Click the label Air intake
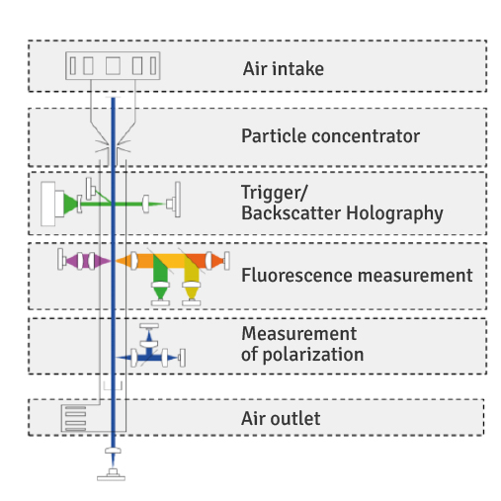[x=284, y=69]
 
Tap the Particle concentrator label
[x=330, y=136]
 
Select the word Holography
[x=394, y=213]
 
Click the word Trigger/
[x=274, y=193]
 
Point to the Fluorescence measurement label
[x=357, y=275]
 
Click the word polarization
[x=313, y=355]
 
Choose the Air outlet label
[x=281, y=418]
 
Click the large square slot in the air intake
[x=113, y=66]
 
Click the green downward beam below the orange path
[x=160, y=277]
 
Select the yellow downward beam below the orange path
[x=192, y=277]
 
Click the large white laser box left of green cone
[x=48, y=204]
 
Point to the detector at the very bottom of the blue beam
[x=112, y=475]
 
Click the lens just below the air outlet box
[x=113, y=451]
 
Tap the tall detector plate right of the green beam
[x=178, y=200]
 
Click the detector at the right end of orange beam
[x=226, y=261]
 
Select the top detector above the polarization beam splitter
[x=149, y=326]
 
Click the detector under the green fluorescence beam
[x=160, y=303]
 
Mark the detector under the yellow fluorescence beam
[x=192, y=303]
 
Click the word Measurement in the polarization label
[x=299, y=334]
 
